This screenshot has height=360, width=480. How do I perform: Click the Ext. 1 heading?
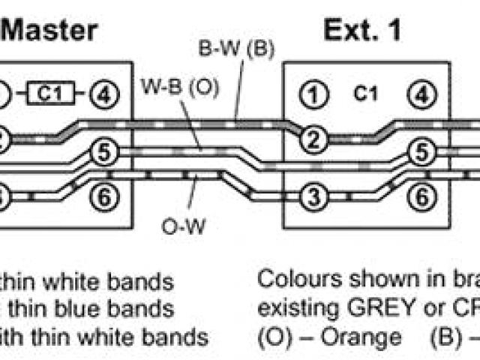[362, 30]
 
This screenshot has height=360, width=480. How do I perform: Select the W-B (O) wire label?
[180, 87]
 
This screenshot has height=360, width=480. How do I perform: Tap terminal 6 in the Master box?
[104, 198]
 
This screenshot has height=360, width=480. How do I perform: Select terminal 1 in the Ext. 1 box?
[310, 94]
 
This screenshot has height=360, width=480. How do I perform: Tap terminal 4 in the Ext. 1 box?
[422, 94]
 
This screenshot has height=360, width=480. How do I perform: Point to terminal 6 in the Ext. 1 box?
[422, 198]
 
